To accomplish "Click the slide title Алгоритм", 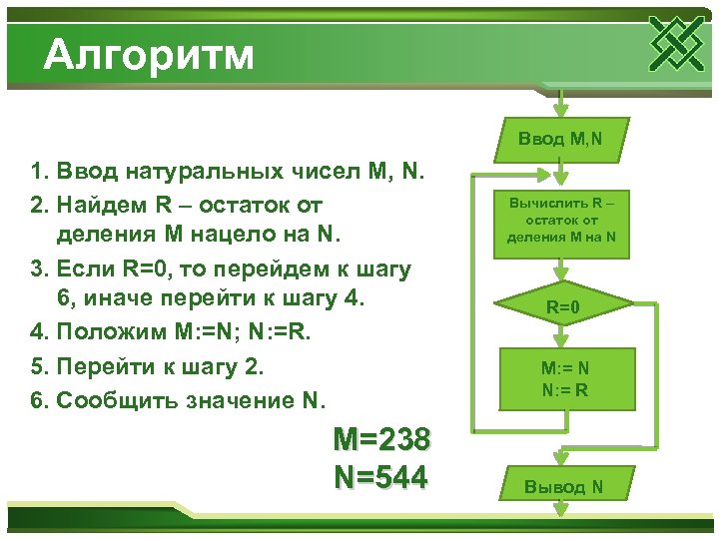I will (149, 54).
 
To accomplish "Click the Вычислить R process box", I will (561, 223).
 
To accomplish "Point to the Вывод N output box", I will (564, 486).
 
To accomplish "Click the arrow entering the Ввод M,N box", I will (561, 105).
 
